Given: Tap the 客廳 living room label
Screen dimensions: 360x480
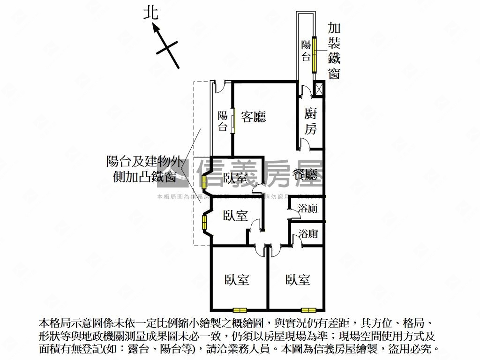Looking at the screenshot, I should pyautogui.click(x=254, y=117).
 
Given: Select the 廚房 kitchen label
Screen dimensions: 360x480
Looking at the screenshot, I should pyautogui.click(x=310, y=121).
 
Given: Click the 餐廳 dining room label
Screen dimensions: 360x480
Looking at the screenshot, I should pyautogui.click(x=305, y=174).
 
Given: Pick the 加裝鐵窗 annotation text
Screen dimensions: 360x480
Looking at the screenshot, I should pyautogui.click(x=334, y=51).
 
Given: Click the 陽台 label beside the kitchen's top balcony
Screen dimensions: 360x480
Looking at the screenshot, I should pyautogui.click(x=306, y=51).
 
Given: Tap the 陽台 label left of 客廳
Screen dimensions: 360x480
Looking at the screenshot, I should pyautogui.click(x=223, y=121).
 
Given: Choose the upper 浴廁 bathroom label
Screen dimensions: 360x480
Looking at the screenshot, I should pyautogui.click(x=308, y=209).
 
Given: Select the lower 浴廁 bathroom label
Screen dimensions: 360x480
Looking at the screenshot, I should pyautogui.click(x=308, y=233).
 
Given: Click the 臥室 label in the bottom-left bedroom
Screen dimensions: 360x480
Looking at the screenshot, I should pyautogui.click(x=237, y=280).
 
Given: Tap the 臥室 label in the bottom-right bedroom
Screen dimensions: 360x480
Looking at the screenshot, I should pyautogui.click(x=298, y=280).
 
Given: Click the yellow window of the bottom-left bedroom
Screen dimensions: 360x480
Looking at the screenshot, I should pyautogui.click(x=240, y=309).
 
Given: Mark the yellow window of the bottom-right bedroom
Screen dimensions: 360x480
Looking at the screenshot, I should pyautogui.click(x=308, y=309).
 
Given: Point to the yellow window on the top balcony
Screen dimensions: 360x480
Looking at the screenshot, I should pyautogui.click(x=315, y=53).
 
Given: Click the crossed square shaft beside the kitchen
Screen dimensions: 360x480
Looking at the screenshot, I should pyautogui.click(x=319, y=89).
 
